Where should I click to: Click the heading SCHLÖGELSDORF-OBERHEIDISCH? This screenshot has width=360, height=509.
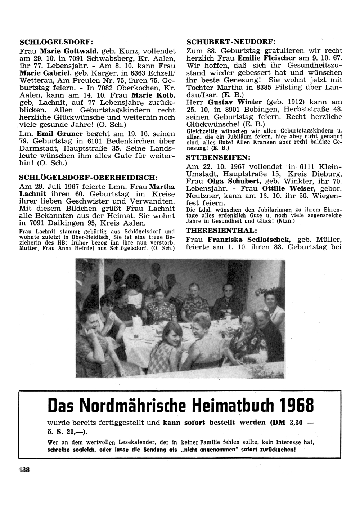coord(88,178)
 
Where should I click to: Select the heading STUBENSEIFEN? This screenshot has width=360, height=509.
coord(217,157)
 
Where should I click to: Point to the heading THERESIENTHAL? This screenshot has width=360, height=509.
coord(221,231)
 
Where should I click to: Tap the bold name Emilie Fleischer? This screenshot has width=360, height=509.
coord(266,58)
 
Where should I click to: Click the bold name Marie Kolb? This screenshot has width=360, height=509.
coord(154,95)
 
